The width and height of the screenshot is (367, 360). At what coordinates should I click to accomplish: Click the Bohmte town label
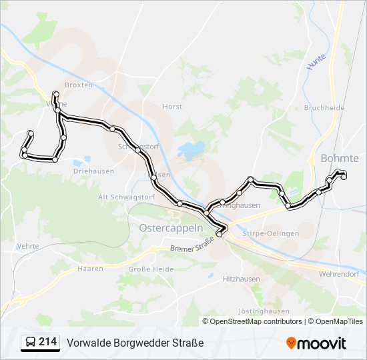pos(340,159)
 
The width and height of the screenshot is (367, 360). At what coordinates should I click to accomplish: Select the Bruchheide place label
pos(324,107)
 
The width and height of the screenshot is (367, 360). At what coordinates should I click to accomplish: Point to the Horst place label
pos(172,107)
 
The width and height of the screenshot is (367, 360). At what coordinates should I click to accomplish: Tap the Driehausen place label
pos(91,171)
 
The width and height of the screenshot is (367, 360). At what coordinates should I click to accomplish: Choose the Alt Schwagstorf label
pos(126,197)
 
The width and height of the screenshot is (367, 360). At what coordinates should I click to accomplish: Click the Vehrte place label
pos(27,246)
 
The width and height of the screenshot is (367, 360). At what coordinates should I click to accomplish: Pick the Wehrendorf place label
pos(339,274)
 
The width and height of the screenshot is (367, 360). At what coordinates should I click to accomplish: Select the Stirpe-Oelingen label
pos(270,234)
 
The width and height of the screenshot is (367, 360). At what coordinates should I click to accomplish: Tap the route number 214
pos(47,342)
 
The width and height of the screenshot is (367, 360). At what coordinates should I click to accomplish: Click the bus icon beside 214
pos(30,343)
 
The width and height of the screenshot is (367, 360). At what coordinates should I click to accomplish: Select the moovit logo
pos(316,343)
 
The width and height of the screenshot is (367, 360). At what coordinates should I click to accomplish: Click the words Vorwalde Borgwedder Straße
pos(135,343)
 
